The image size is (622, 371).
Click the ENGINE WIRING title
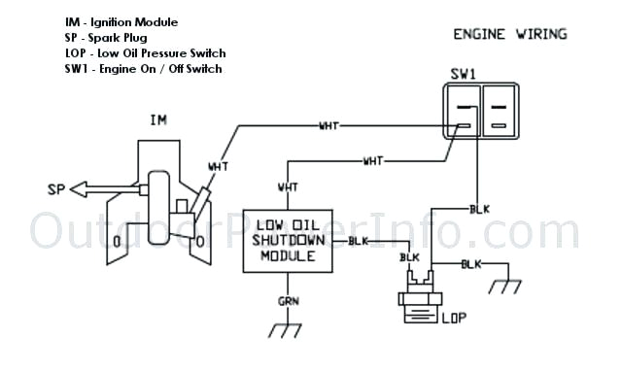click(x=510, y=34)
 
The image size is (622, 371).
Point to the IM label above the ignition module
click(x=158, y=121)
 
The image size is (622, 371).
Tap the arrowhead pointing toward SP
click(x=80, y=188)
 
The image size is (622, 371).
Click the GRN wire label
click(x=289, y=302)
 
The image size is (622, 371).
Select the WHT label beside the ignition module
click(x=219, y=166)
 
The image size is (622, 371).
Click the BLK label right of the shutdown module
click(x=358, y=240)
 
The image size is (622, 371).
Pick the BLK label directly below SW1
click(x=479, y=209)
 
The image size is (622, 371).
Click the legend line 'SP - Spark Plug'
click(x=110, y=37)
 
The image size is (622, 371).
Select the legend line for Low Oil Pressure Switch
click(x=145, y=52)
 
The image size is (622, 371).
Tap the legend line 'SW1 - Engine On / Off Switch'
click(x=143, y=68)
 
